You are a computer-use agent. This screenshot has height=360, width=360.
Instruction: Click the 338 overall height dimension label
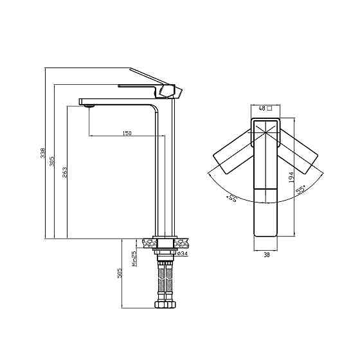click(x=43, y=153)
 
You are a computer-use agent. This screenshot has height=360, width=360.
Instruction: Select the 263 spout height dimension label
click(x=65, y=172)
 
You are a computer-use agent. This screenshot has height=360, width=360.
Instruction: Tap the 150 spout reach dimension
click(x=127, y=133)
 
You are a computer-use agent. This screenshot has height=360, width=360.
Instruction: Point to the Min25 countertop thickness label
click(x=134, y=258)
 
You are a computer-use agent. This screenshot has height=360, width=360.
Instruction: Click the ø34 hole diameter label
click(x=183, y=253)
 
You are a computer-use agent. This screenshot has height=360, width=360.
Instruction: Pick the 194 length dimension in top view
click(x=291, y=177)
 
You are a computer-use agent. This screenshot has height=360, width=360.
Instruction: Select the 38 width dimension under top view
click(x=266, y=255)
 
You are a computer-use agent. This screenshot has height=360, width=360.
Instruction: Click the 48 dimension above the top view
click(x=262, y=108)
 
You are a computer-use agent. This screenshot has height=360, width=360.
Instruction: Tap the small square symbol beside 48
click(x=270, y=108)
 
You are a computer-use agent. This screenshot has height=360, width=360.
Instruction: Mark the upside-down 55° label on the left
click(x=231, y=198)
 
